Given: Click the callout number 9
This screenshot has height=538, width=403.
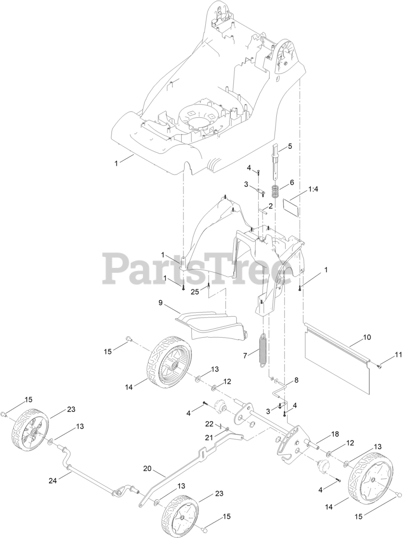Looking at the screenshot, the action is coord(160,303).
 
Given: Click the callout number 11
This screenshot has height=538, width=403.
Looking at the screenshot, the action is coord(398,355).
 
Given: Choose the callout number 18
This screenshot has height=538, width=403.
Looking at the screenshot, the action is coord(334,434).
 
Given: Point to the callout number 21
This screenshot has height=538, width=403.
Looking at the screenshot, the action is coord(209,438).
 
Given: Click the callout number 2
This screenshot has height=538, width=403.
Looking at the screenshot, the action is coord(271,206).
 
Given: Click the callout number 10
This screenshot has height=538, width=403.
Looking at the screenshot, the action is coord(367,337).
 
